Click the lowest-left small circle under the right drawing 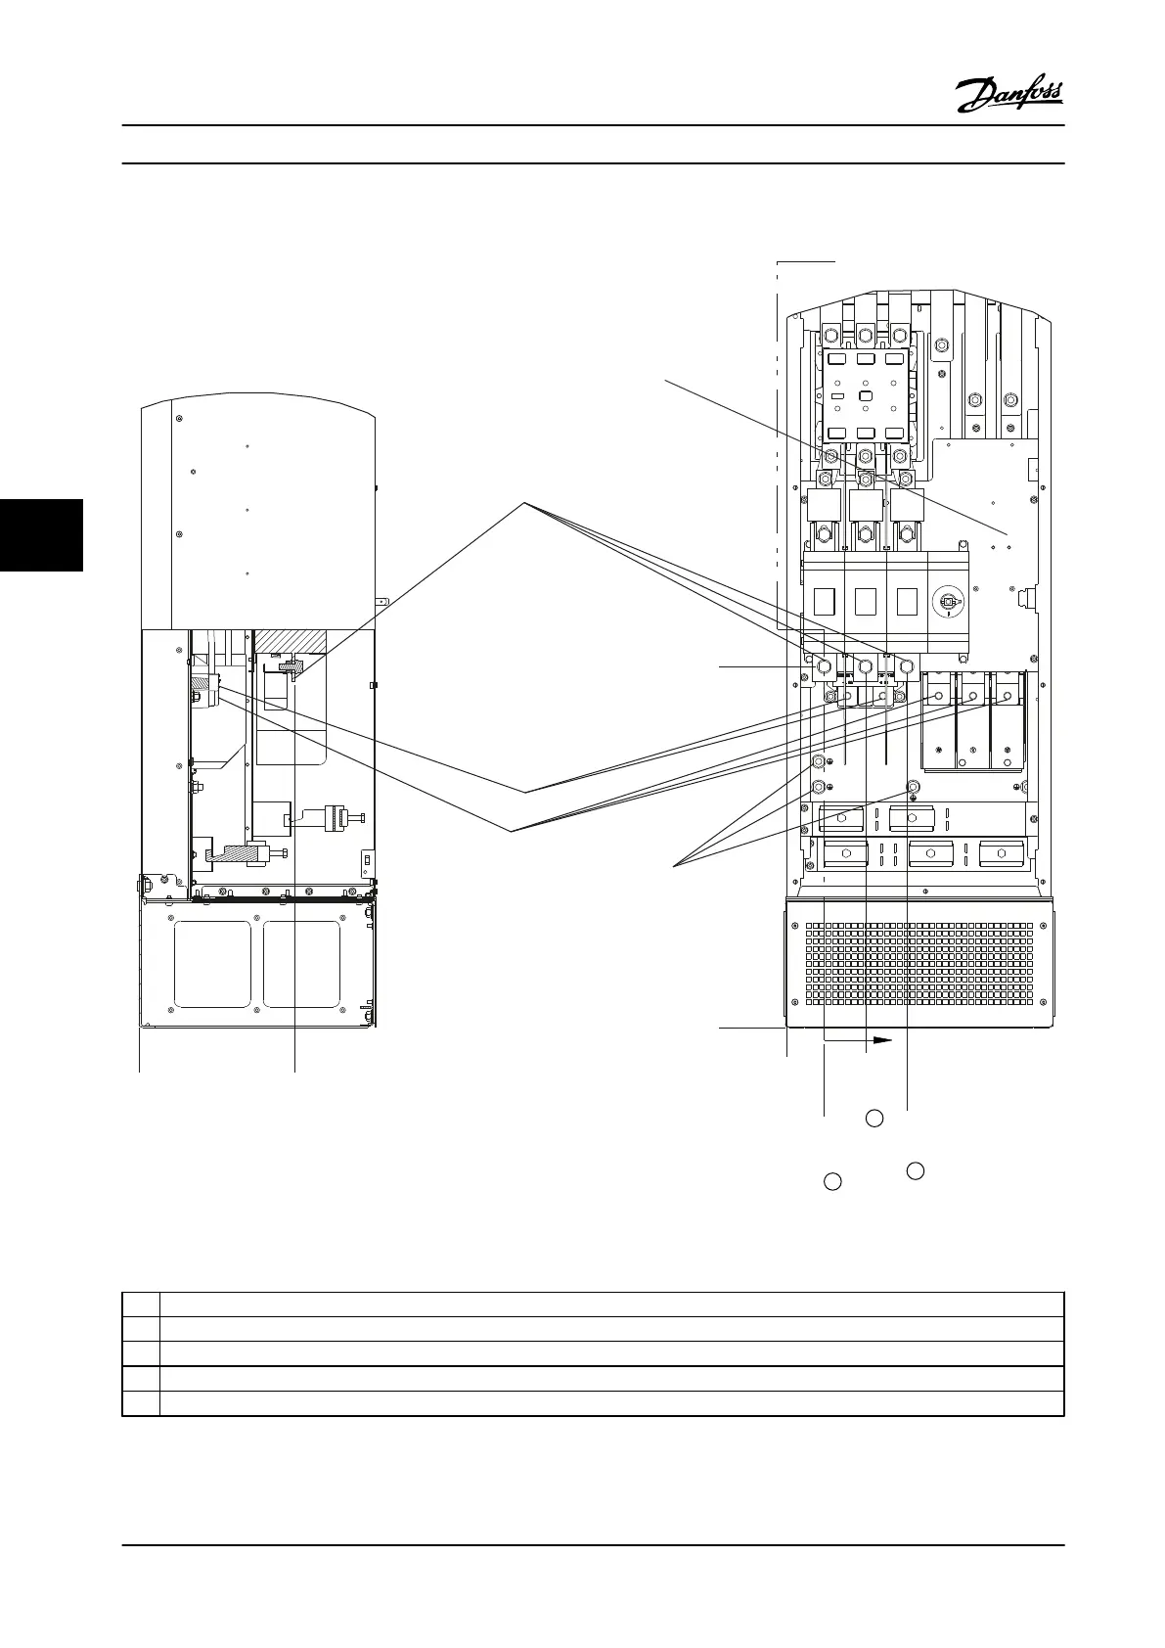pos(832,1181)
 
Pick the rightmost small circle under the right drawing pos(916,1170)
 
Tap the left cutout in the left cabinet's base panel pos(211,964)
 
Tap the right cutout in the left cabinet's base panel pos(301,964)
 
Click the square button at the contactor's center pos(865,395)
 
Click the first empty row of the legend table pos(593,1305)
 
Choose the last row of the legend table pos(593,1403)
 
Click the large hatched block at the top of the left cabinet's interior pos(290,643)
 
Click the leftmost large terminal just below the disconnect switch pos(824,667)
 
